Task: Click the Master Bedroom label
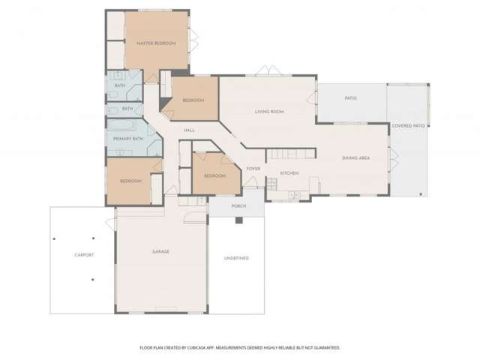pyautogui.click(x=156, y=43)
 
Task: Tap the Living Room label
pyautogui.click(x=268, y=112)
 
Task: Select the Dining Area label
pyautogui.click(x=355, y=157)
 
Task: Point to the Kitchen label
pyautogui.click(x=289, y=173)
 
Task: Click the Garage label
pyautogui.click(x=160, y=251)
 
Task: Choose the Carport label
pyautogui.click(x=84, y=255)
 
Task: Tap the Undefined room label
pyautogui.click(x=236, y=258)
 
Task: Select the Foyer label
pyautogui.click(x=253, y=169)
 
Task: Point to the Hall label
pyautogui.click(x=189, y=130)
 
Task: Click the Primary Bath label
pyautogui.click(x=127, y=139)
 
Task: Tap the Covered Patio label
pyautogui.click(x=408, y=126)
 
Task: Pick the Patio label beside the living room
pyautogui.click(x=350, y=98)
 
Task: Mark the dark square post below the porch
pyautogui.click(x=238, y=220)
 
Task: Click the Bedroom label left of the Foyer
pyautogui.click(x=214, y=175)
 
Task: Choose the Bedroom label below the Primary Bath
pyautogui.click(x=131, y=181)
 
